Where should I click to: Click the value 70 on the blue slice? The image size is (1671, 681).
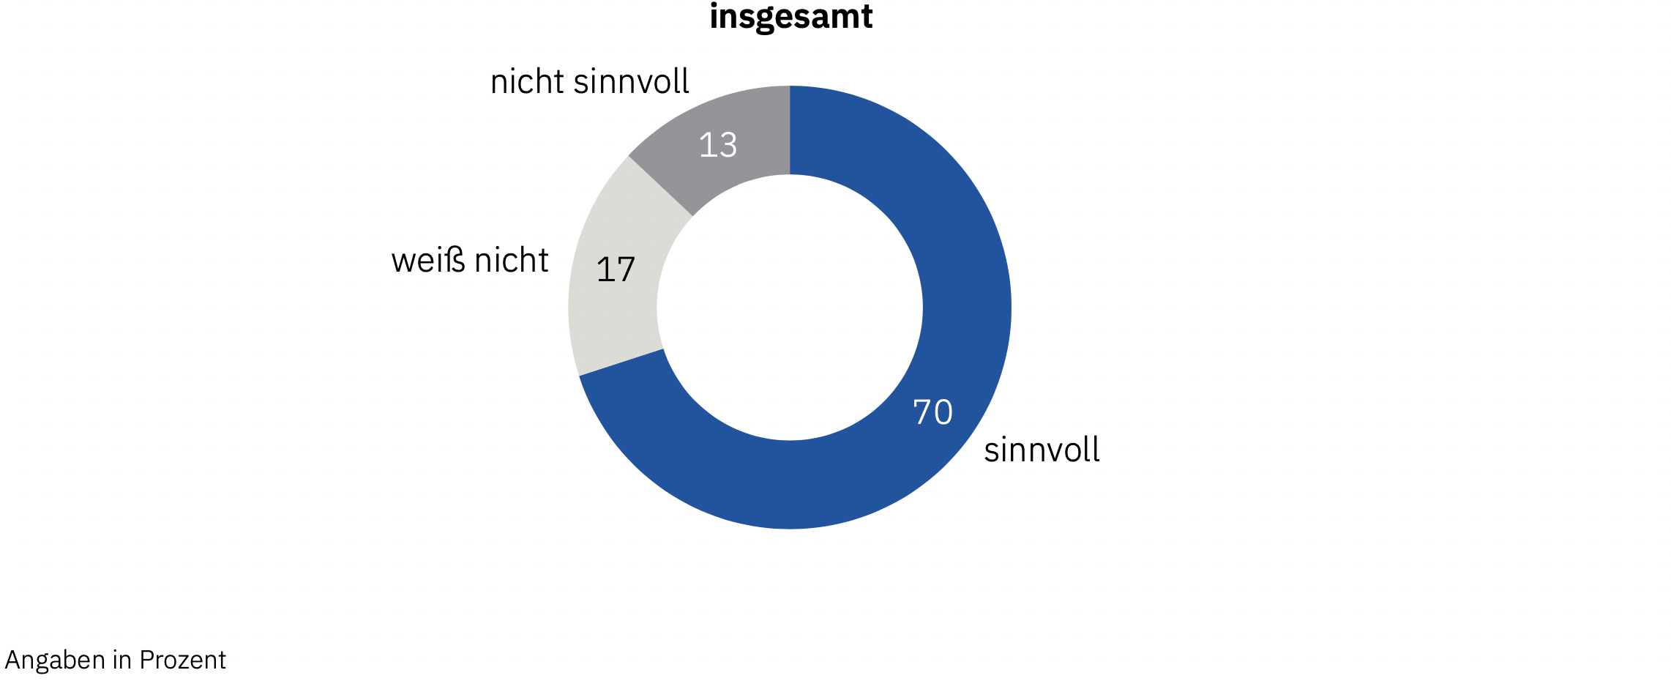click(x=932, y=412)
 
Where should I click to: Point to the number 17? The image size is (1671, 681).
click(x=616, y=269)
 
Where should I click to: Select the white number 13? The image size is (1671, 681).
click(x=717, y=145)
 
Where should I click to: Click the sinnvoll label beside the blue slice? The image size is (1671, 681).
click(x=1042, y=450)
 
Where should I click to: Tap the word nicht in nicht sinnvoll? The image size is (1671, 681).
click(x=527, y=81)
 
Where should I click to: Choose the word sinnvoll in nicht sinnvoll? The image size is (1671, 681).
click(x=631, y=81)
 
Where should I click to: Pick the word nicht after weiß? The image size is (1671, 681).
click(x=512, y=261)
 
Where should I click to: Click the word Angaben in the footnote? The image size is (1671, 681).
click(x=56, y=660)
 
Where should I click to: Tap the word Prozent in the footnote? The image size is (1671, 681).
click(x=182, y=660)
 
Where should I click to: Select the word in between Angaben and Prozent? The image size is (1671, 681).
click(x=122, y=660)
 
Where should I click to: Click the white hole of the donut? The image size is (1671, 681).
click(x=790, y=308)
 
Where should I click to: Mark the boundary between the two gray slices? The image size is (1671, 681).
click(x=660, y=186)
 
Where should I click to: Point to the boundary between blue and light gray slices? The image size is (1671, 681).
click(x=621, y=362)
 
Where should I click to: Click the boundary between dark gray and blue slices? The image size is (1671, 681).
click(x=790, y=130)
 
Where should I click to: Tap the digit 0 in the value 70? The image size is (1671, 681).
click(x=943, y=412)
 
